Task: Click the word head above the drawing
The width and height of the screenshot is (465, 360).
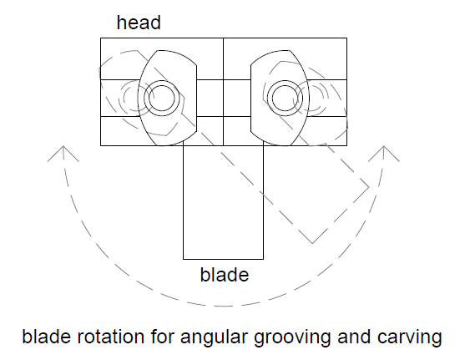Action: pos(139,23)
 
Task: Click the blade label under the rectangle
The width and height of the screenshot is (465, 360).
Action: pos(225,275)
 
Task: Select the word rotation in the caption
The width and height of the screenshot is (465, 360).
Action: pos(111,337)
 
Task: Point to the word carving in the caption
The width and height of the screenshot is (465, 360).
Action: pos(410,338)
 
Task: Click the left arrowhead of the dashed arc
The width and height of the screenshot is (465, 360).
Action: pos(63,154)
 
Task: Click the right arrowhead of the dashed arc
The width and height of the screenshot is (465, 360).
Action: pos(384,154)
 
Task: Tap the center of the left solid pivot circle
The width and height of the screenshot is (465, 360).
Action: pos(162,99)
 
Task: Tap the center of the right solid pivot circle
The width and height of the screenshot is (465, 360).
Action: pos(285,99)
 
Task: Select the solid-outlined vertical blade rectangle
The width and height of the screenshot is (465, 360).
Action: pos(223,202)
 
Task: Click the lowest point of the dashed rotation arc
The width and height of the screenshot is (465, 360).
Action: pos(223,306)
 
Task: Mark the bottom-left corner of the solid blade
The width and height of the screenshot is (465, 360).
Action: pos(184,259)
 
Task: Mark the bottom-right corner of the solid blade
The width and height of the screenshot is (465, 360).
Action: pos(263,259)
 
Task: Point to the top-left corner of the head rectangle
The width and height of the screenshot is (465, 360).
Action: pos(100,38)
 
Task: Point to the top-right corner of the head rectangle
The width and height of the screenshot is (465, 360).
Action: pos(346,38)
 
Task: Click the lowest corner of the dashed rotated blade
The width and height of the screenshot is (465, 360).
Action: pos(312,243)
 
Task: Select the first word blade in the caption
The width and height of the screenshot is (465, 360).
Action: pos(46,337)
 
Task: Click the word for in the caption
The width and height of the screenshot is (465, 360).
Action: pos(163,337)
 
